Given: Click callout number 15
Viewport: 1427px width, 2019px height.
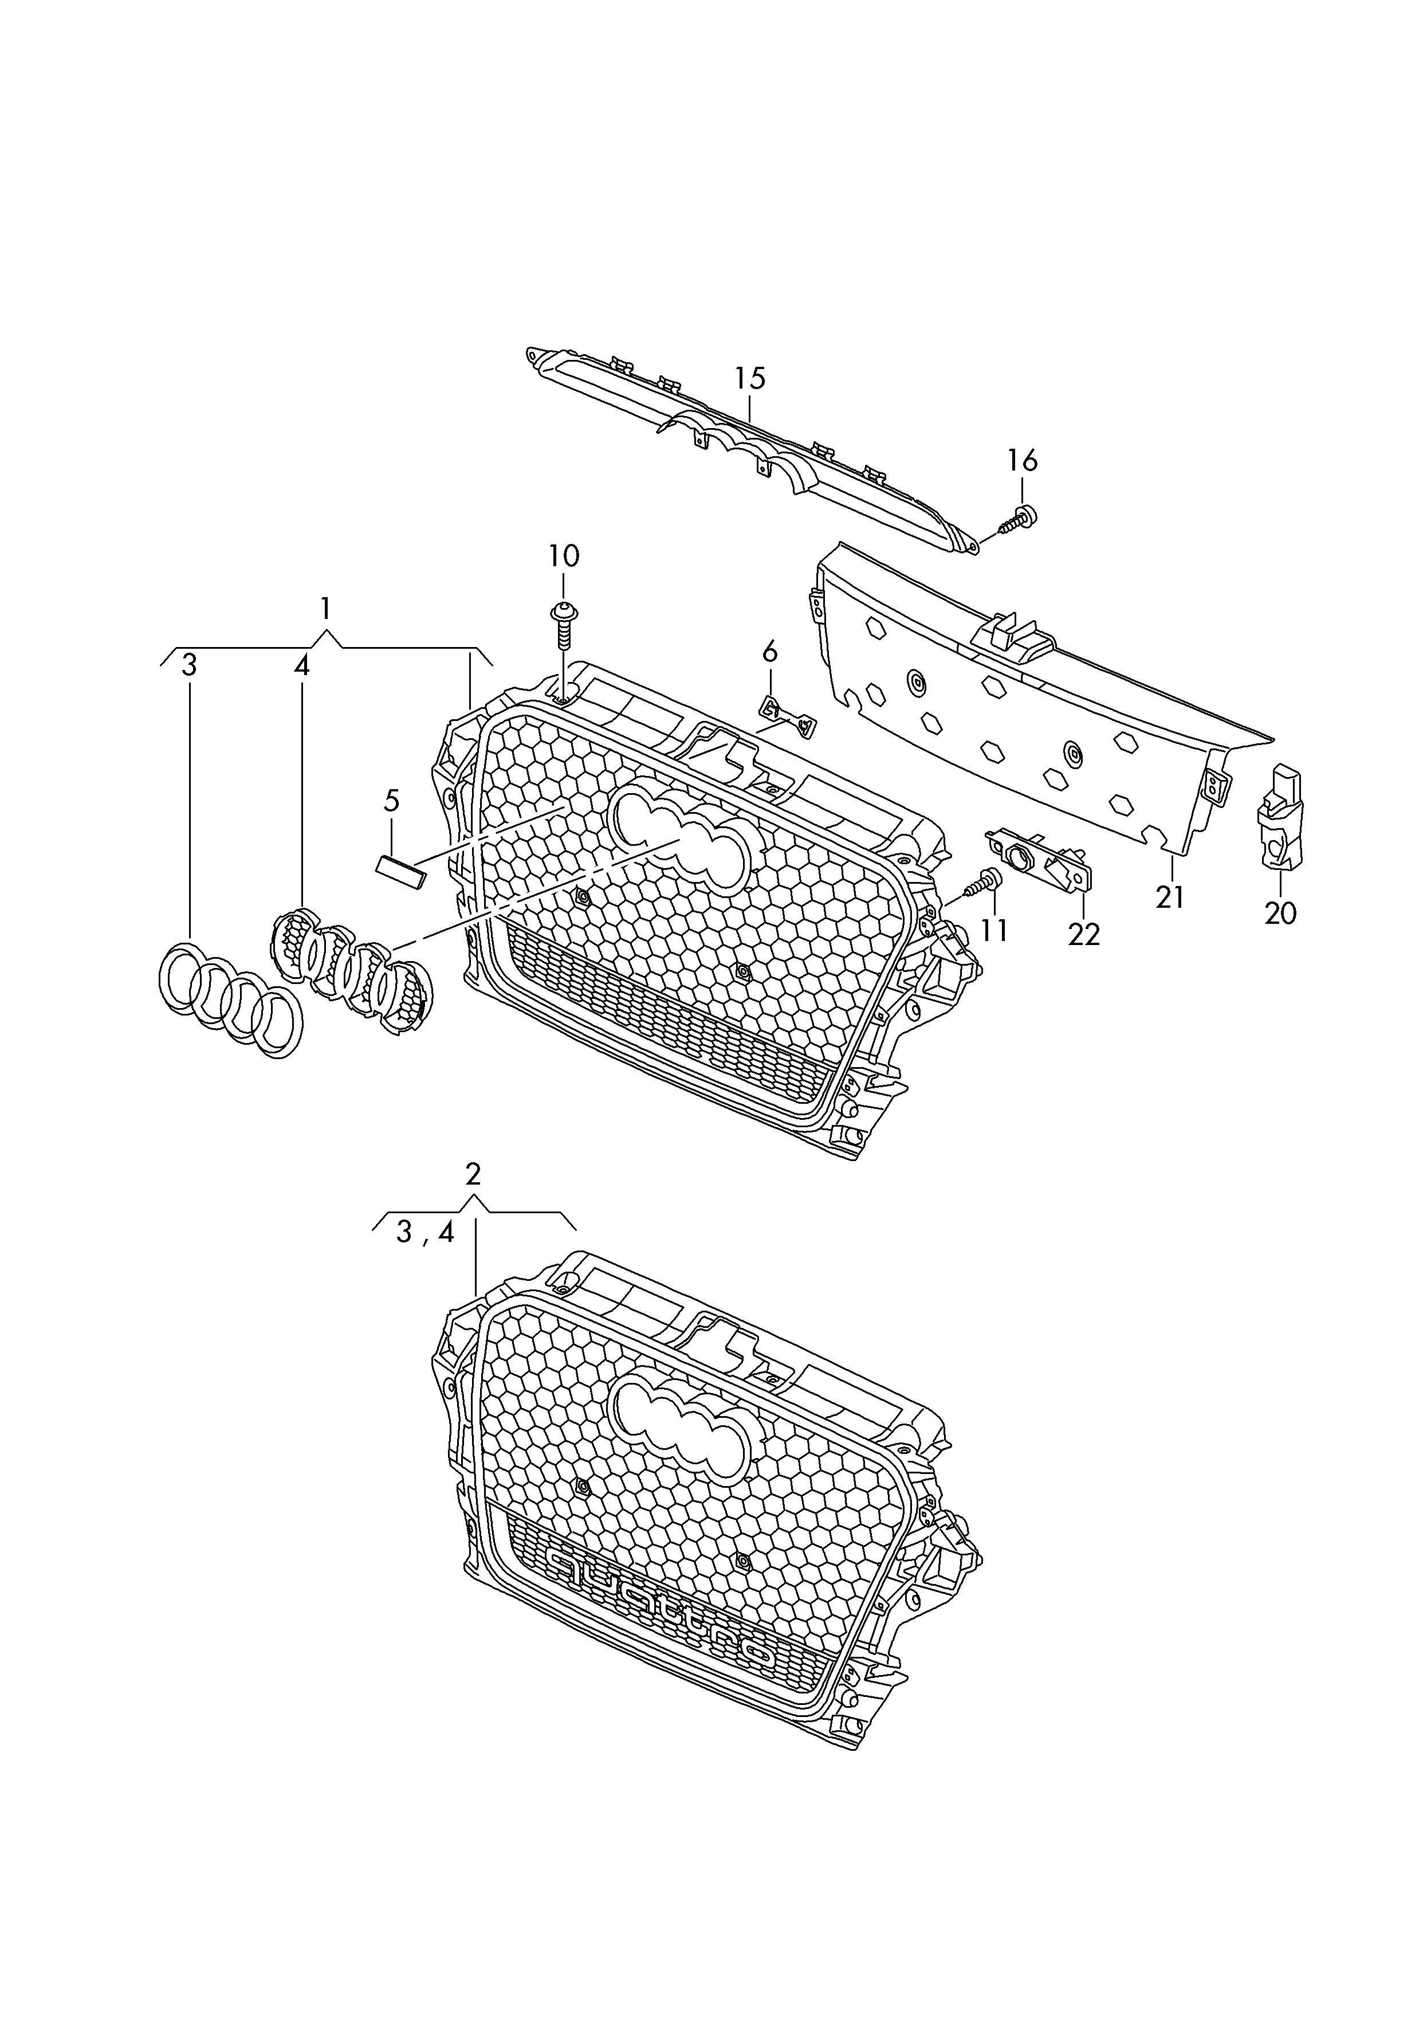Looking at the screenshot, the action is click(750, 378).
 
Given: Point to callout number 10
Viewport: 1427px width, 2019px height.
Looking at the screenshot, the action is click(564, 556).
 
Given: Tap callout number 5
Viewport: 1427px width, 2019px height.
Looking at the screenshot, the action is click(391, 800).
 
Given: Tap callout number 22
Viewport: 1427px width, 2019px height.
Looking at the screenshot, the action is click(1084, 934).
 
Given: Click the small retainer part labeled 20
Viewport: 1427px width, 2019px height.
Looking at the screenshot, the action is click(1280, 817).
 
